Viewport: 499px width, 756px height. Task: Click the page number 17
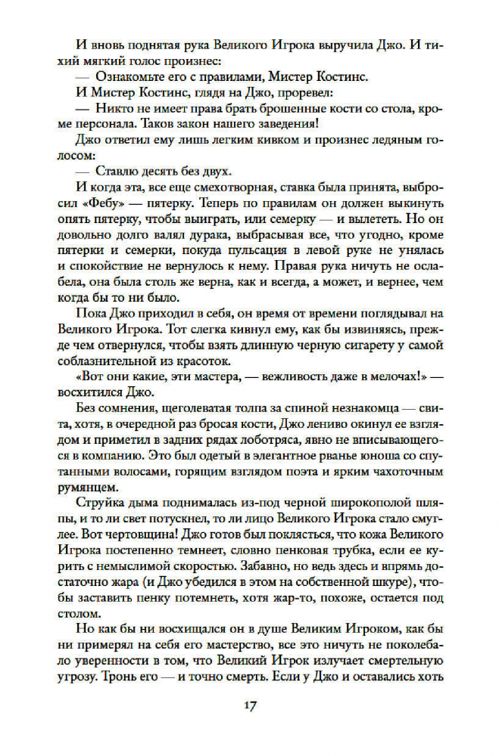click(249, 706)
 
